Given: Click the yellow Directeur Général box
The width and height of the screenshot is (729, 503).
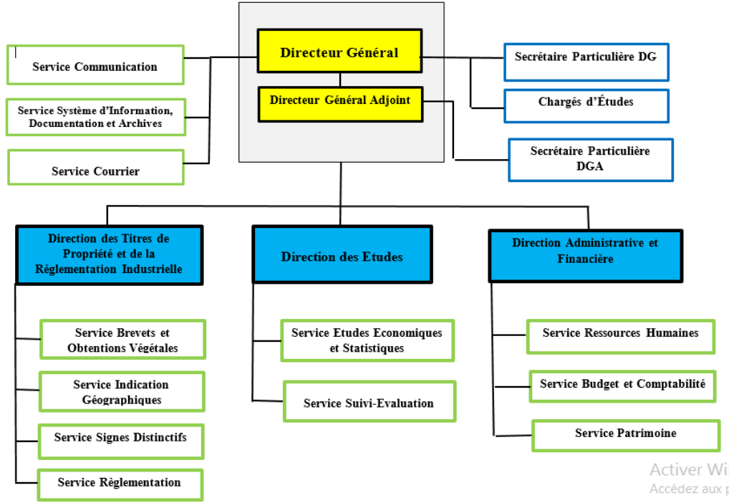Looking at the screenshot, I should point(339,52).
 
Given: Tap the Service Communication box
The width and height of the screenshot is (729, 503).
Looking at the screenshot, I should point(95,65).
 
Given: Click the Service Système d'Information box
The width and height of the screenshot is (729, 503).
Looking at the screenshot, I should point(95,117).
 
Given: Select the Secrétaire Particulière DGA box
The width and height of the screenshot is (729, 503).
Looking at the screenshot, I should point(590,159).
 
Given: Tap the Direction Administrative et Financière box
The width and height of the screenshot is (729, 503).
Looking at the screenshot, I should point(585,255).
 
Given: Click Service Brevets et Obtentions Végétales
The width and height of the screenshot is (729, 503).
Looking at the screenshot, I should point(122,340).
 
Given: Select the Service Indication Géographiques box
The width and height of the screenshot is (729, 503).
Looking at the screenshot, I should point(121,391).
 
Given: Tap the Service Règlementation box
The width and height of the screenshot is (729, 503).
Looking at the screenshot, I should point(120,484).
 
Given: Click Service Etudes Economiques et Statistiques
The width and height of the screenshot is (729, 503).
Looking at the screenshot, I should point(367,340).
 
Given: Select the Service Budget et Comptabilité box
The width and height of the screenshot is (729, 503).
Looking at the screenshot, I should point(622,386).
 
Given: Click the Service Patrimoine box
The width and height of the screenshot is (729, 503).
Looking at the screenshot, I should point(625,436).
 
